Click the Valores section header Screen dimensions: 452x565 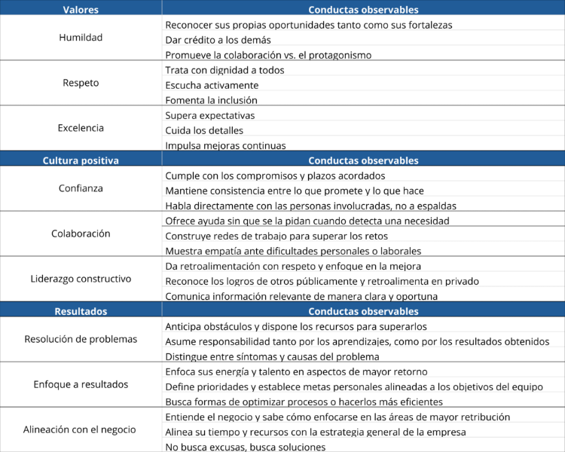tap(81, 10)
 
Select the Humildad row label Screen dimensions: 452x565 tap(81, 38)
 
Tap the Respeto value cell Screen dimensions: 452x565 tap(81, 83)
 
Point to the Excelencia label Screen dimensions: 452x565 tap(81, 128)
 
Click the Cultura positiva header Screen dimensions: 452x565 tap(81, 160)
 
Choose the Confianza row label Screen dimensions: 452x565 tap(81, 188)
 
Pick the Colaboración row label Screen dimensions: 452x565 tap(81, 234)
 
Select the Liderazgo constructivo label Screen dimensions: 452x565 tap(81, 279)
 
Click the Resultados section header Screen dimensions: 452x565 tap(81, 311)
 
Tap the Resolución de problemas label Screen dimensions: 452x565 tap(81, 339)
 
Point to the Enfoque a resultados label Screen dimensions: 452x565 tap(81, 384)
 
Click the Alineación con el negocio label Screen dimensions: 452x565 tap(81, 429)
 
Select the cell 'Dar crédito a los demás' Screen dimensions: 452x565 tap(218, 40)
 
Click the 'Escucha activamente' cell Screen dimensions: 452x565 tap(212, 85)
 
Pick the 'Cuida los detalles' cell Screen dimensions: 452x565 tap(204, 130)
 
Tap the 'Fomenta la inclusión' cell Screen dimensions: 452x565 tap(211, 100)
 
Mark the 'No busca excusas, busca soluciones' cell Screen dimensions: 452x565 tap(246, 447)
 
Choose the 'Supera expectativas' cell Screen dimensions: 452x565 tap(210, 115)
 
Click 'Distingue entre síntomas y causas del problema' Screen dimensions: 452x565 tap(272, 356)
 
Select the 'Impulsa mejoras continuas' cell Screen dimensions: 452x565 tap(225, 145)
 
